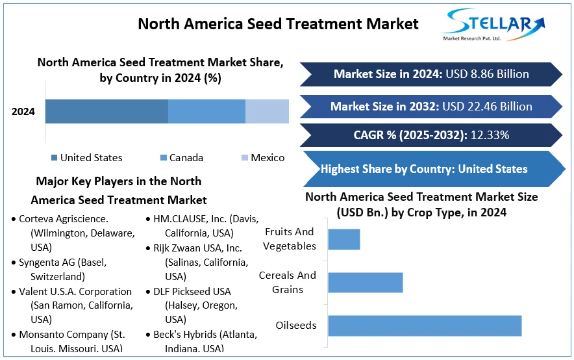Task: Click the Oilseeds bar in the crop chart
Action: [425, 326]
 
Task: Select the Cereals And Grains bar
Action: [366, 282]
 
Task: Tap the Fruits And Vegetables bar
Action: [343, 239]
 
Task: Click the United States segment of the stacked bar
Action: [106, 111]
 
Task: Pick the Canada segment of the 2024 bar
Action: [206, 111]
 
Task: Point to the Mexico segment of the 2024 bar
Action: [267, 111]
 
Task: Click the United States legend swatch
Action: [54, 158]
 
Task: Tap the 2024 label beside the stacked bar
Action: [23, 112]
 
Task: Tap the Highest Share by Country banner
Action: [425, 169]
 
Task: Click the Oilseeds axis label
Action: [295, 325]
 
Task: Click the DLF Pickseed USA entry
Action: [192, 292]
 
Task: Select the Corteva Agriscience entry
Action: [64, 219]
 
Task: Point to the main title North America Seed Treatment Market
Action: [278, 24]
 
